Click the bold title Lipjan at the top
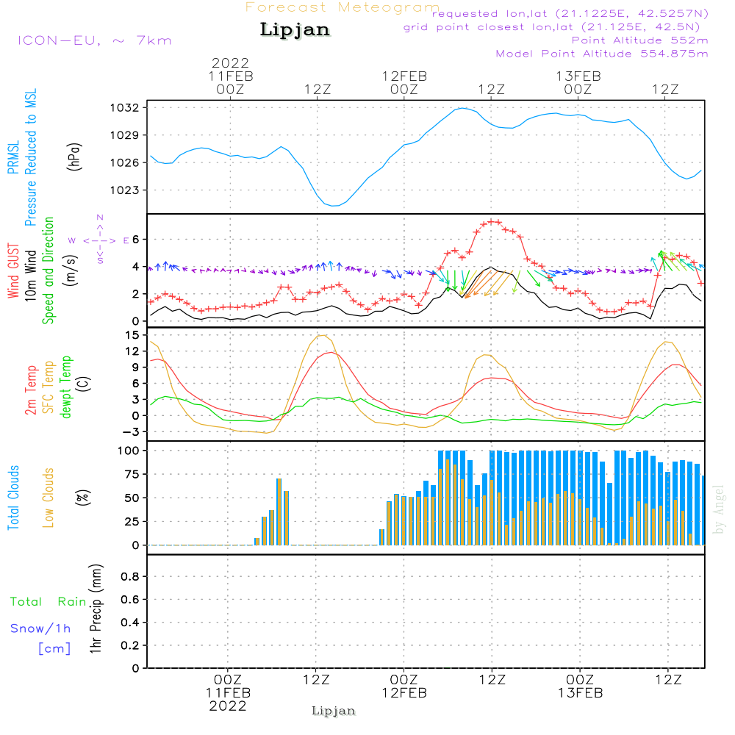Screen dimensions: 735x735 295,30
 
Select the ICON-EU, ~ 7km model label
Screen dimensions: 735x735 94,40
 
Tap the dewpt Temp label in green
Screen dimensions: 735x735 66,387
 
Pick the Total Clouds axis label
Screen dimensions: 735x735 13,498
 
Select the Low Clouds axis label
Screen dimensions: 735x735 49,498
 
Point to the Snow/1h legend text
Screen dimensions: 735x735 41,628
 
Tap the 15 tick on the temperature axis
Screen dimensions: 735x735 133,335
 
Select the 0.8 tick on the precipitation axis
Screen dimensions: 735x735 130,577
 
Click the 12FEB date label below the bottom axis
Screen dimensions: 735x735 404,693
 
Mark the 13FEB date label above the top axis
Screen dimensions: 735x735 578,76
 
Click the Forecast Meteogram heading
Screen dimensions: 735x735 343,7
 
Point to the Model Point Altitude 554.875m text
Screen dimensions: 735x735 602,54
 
